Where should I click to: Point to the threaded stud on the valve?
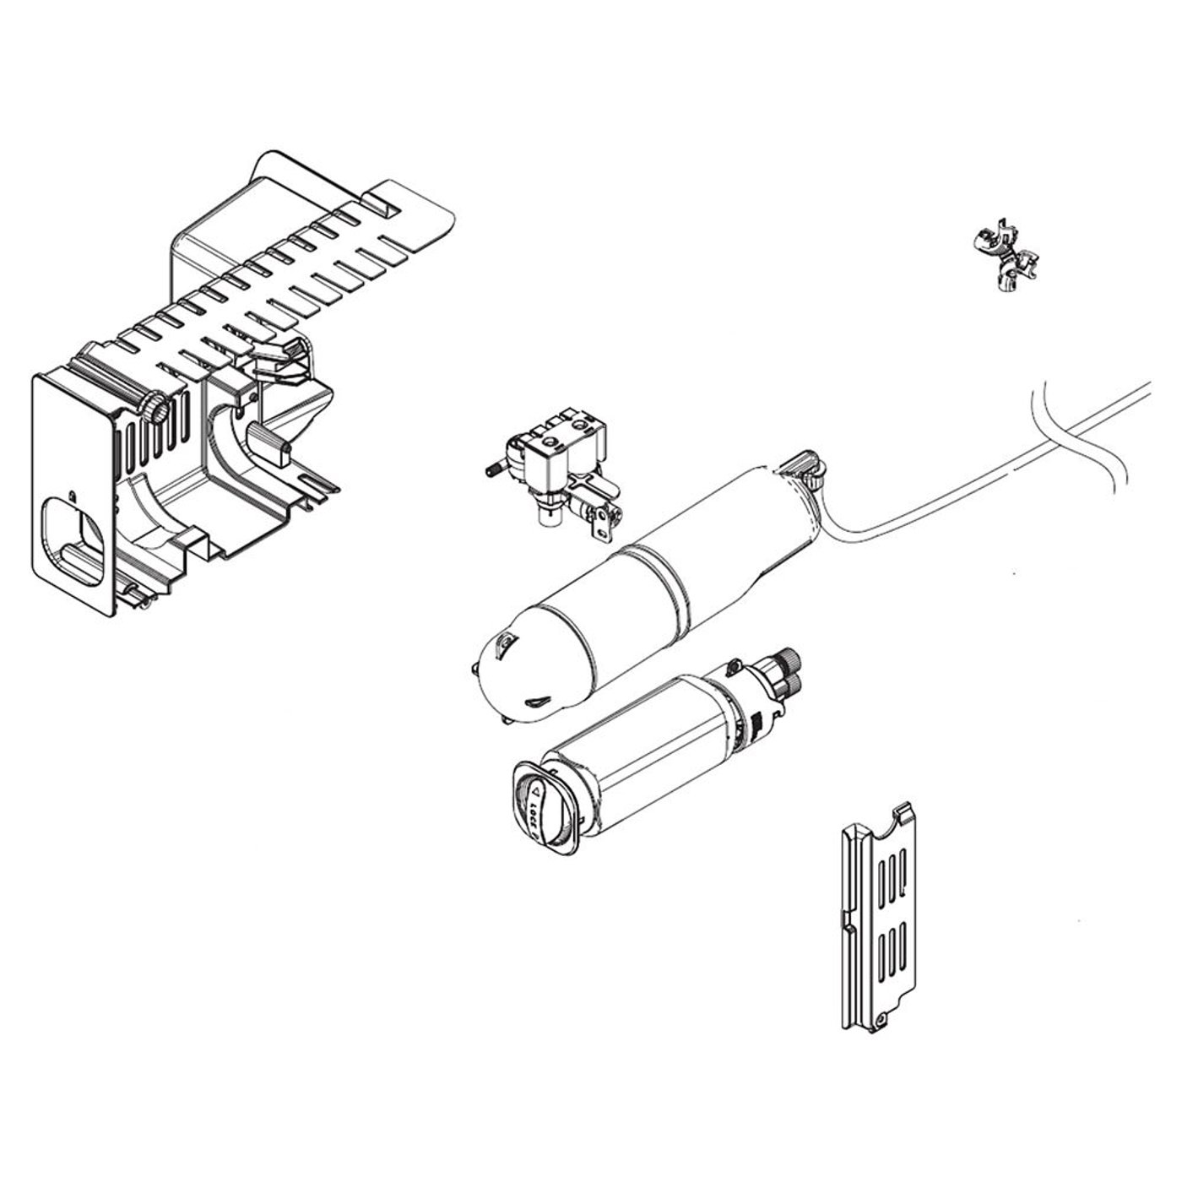pyautogui.click(x=495, y=468)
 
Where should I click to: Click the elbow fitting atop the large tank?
pyautogui.click(x=805, y=469)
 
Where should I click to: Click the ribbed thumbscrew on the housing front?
pyautogui.click(x=155, y=409)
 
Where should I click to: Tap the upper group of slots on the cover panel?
pyautogui.click(x=893, y=874)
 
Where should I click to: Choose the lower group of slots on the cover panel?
pyautogui.click(x=893, y=950)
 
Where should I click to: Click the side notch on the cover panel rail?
pyautogui.click(x=846, y=921)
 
